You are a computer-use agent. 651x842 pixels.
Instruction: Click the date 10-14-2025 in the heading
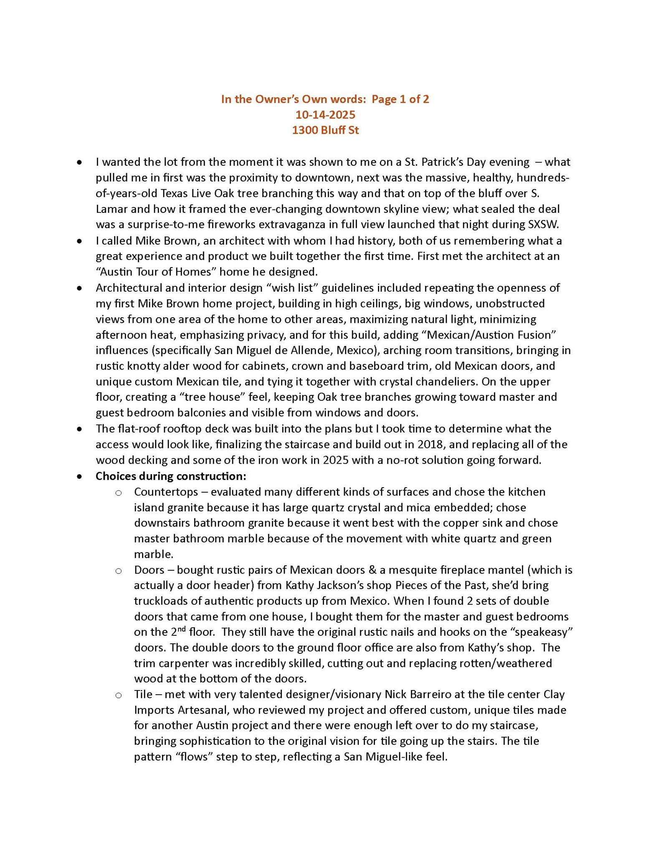tap(325, 114)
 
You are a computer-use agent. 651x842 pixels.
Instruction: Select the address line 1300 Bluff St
tap(325, 130)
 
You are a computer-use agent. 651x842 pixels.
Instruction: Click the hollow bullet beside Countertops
tap(119, 493)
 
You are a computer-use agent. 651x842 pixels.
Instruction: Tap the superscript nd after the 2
tap(181, 629)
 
